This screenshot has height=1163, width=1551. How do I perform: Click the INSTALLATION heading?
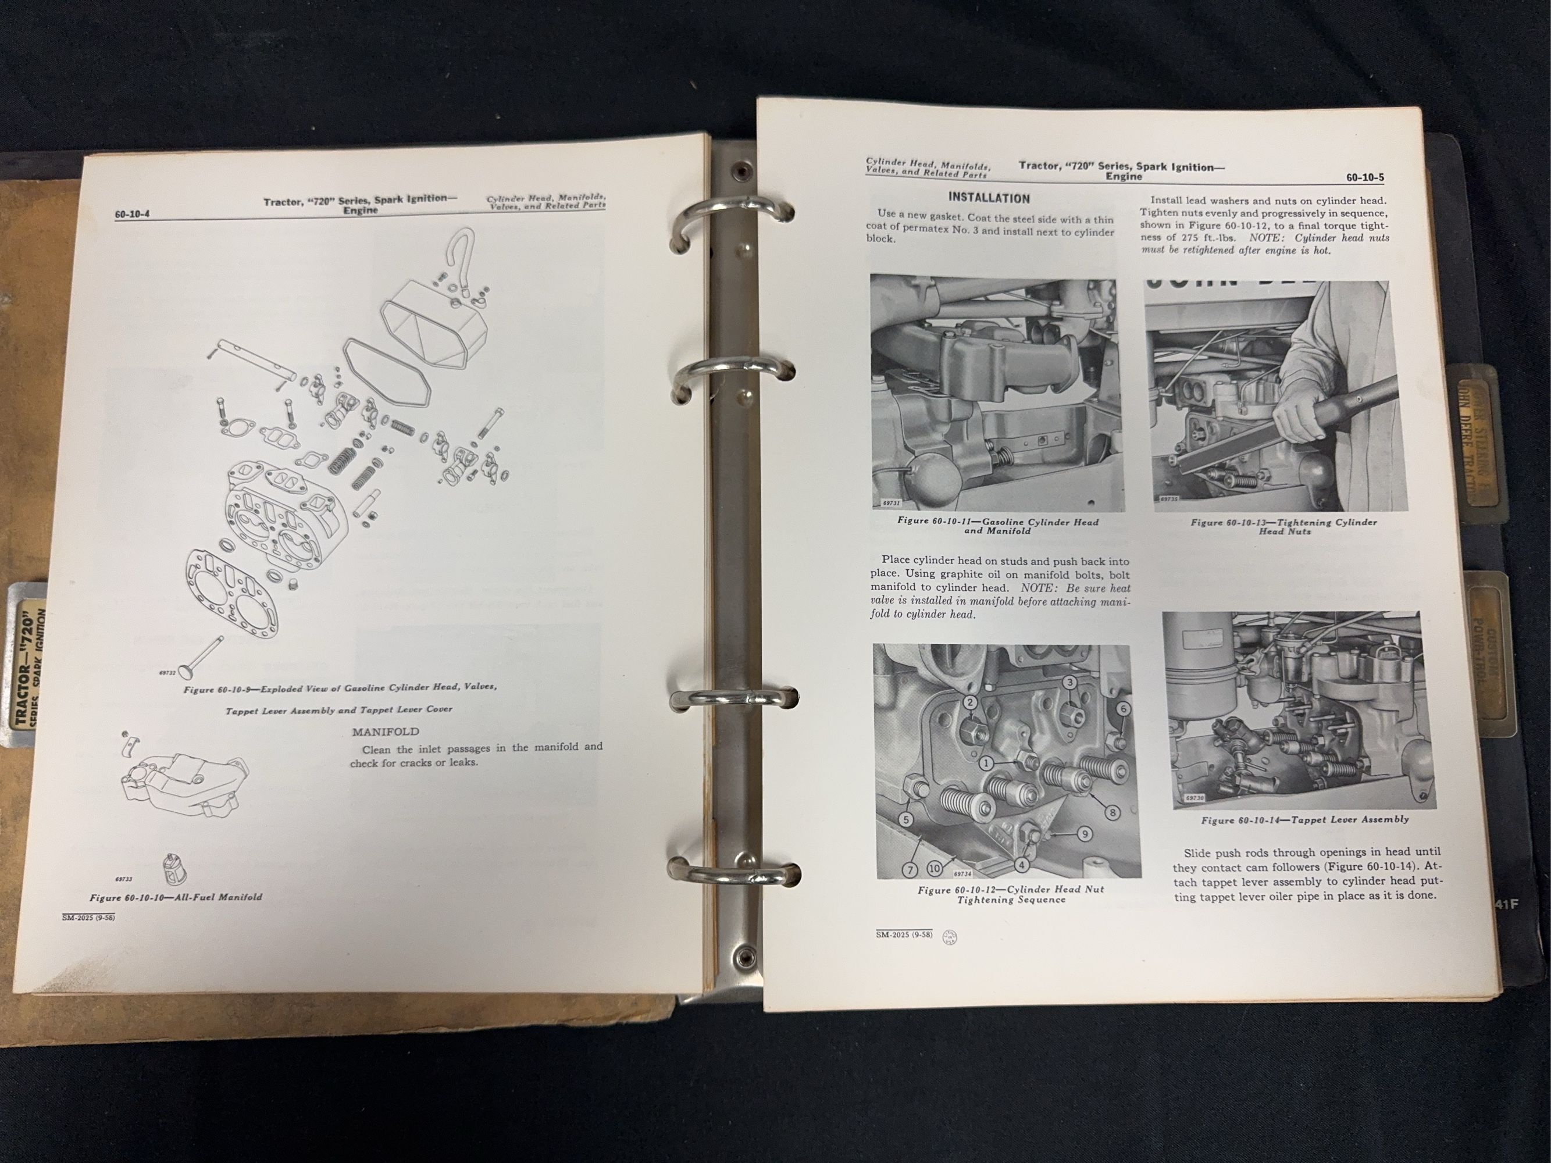tap(989, 198)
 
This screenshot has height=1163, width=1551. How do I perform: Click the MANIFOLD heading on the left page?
tap(386, 731)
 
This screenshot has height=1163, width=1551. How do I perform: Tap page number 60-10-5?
tap(1364, 177)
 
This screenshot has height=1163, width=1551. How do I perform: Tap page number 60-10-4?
tap(133, 215)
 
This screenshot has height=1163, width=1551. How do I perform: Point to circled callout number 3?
tap(1069, 682)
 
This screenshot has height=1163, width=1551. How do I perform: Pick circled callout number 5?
tap(906, 819)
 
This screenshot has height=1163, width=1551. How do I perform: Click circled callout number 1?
tap(986, 762)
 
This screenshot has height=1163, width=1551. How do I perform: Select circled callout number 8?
tap(1113, 813)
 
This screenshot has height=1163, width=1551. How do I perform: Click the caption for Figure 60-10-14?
tap(1305, 819)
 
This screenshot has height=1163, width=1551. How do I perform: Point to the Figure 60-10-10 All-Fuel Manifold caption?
tap(176, 897)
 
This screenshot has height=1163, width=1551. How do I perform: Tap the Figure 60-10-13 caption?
tap(1284, 526)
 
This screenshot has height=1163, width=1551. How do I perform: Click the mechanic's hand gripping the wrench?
tap(1297, 416)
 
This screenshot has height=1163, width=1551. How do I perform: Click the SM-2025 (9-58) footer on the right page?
tap(904, 934)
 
